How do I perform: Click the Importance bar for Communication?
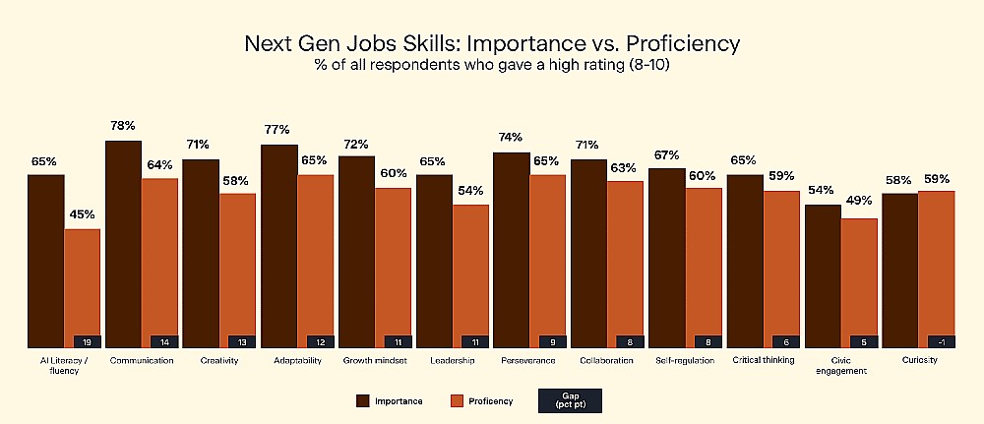tap(123, 244)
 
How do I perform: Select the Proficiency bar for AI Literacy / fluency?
tap(83, 288)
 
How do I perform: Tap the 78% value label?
tap(122, 126)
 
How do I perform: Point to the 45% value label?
tap(83, 214)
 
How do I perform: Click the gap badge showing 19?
tap(88, 341)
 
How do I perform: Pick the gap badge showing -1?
tap(942, 341)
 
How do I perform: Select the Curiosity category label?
tap(919, 361)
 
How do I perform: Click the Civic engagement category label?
tap(841, 366)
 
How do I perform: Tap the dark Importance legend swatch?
tap(363, 401)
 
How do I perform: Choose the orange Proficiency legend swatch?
tap(457, 401)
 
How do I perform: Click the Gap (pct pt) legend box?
tap(570, 400)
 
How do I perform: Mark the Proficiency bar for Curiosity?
tap(937, 270)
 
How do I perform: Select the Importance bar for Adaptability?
tap(279, 246)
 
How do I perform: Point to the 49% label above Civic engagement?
tap(858, 201)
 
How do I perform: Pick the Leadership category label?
tap(453, 361)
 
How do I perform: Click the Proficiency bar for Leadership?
tap(470, 276)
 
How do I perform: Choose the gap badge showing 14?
tap(165, 341)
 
